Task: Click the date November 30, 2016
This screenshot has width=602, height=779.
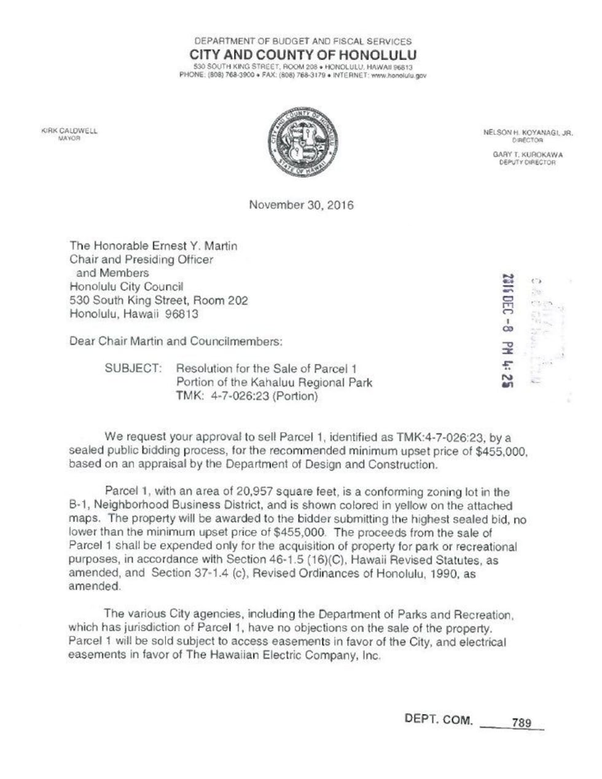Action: point(301,205)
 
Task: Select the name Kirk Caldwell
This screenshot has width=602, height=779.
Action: point(69,131)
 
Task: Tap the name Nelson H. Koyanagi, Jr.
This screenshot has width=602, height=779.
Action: point(528,132)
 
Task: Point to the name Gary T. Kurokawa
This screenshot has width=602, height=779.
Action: point(528,155)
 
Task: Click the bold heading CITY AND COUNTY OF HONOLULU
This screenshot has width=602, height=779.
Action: point(303,55)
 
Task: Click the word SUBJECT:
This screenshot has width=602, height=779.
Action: point(133,369)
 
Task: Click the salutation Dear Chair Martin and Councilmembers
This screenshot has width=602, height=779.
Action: point(176,341)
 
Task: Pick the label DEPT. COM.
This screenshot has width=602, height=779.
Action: point(439,720)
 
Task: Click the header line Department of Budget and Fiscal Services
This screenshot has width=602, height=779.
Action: point(303,41)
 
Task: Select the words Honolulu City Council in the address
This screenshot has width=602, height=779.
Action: point(127,287)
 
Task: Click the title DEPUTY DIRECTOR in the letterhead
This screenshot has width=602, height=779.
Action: point(528,162)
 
